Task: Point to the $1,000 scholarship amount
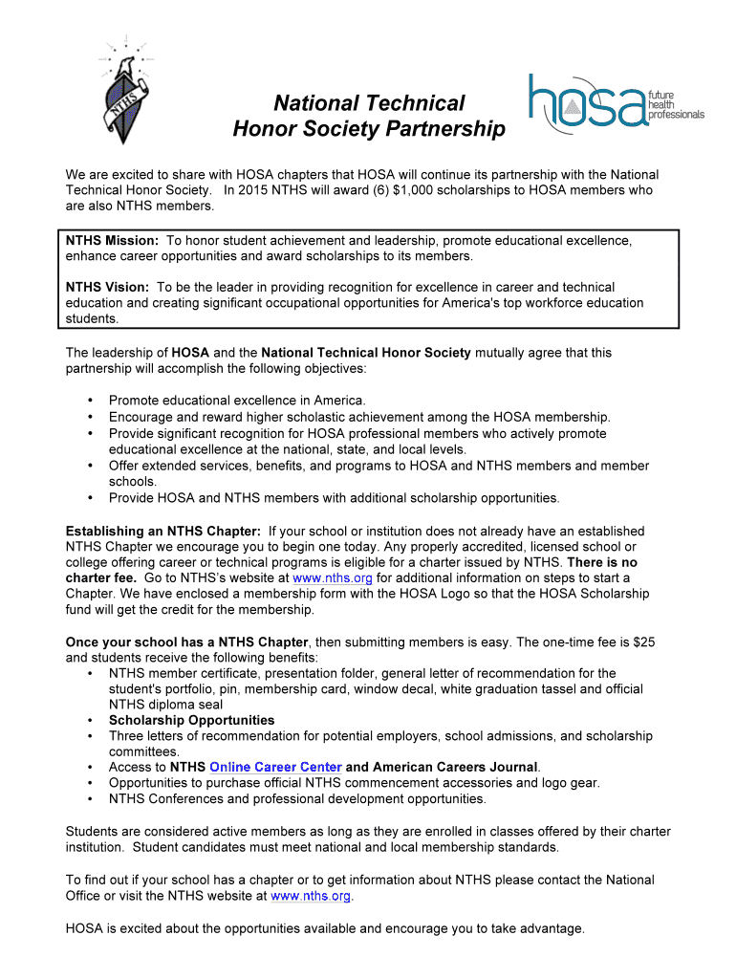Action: (414, 190)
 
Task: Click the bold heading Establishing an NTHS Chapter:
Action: (163, 531)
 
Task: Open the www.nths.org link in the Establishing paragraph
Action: (332, 578)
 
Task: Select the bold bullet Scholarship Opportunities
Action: (191, 720)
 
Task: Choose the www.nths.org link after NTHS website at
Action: (311, 896)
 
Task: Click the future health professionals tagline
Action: (676, 104)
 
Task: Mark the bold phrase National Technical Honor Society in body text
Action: (366, 353)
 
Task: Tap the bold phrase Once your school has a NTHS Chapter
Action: (186, 642)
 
